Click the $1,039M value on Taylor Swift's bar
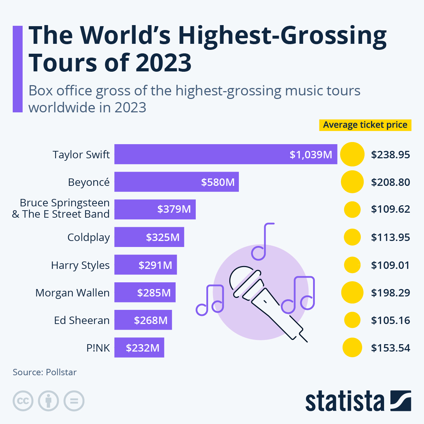point(311,154)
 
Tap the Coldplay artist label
point(88,237)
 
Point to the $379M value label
point(174,209)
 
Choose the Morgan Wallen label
point(72,293)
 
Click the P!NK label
point(98,348)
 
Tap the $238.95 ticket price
point(390,155)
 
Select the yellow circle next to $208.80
point(352,182)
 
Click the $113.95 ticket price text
point(390,237)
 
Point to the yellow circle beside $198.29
point(352,293)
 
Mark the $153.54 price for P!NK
point(390,348)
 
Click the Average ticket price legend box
point(365,125)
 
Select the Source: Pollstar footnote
point(45,372)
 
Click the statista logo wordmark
point(344,401)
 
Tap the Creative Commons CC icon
point(23,401)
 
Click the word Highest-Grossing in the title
point(282,35)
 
